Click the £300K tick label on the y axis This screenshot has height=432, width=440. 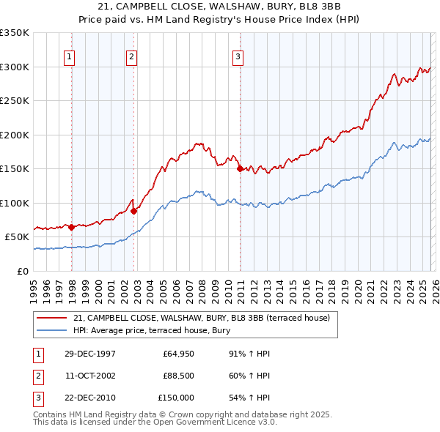15,67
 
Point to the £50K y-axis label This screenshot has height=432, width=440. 17,237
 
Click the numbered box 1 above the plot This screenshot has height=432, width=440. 69,56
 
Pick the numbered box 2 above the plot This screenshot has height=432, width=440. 131,56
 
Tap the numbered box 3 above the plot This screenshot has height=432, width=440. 238,56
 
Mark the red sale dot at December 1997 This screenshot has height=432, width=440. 72,227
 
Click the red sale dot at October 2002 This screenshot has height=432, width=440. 134,211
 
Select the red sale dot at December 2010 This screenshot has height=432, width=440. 240,169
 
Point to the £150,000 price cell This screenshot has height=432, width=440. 176,398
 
